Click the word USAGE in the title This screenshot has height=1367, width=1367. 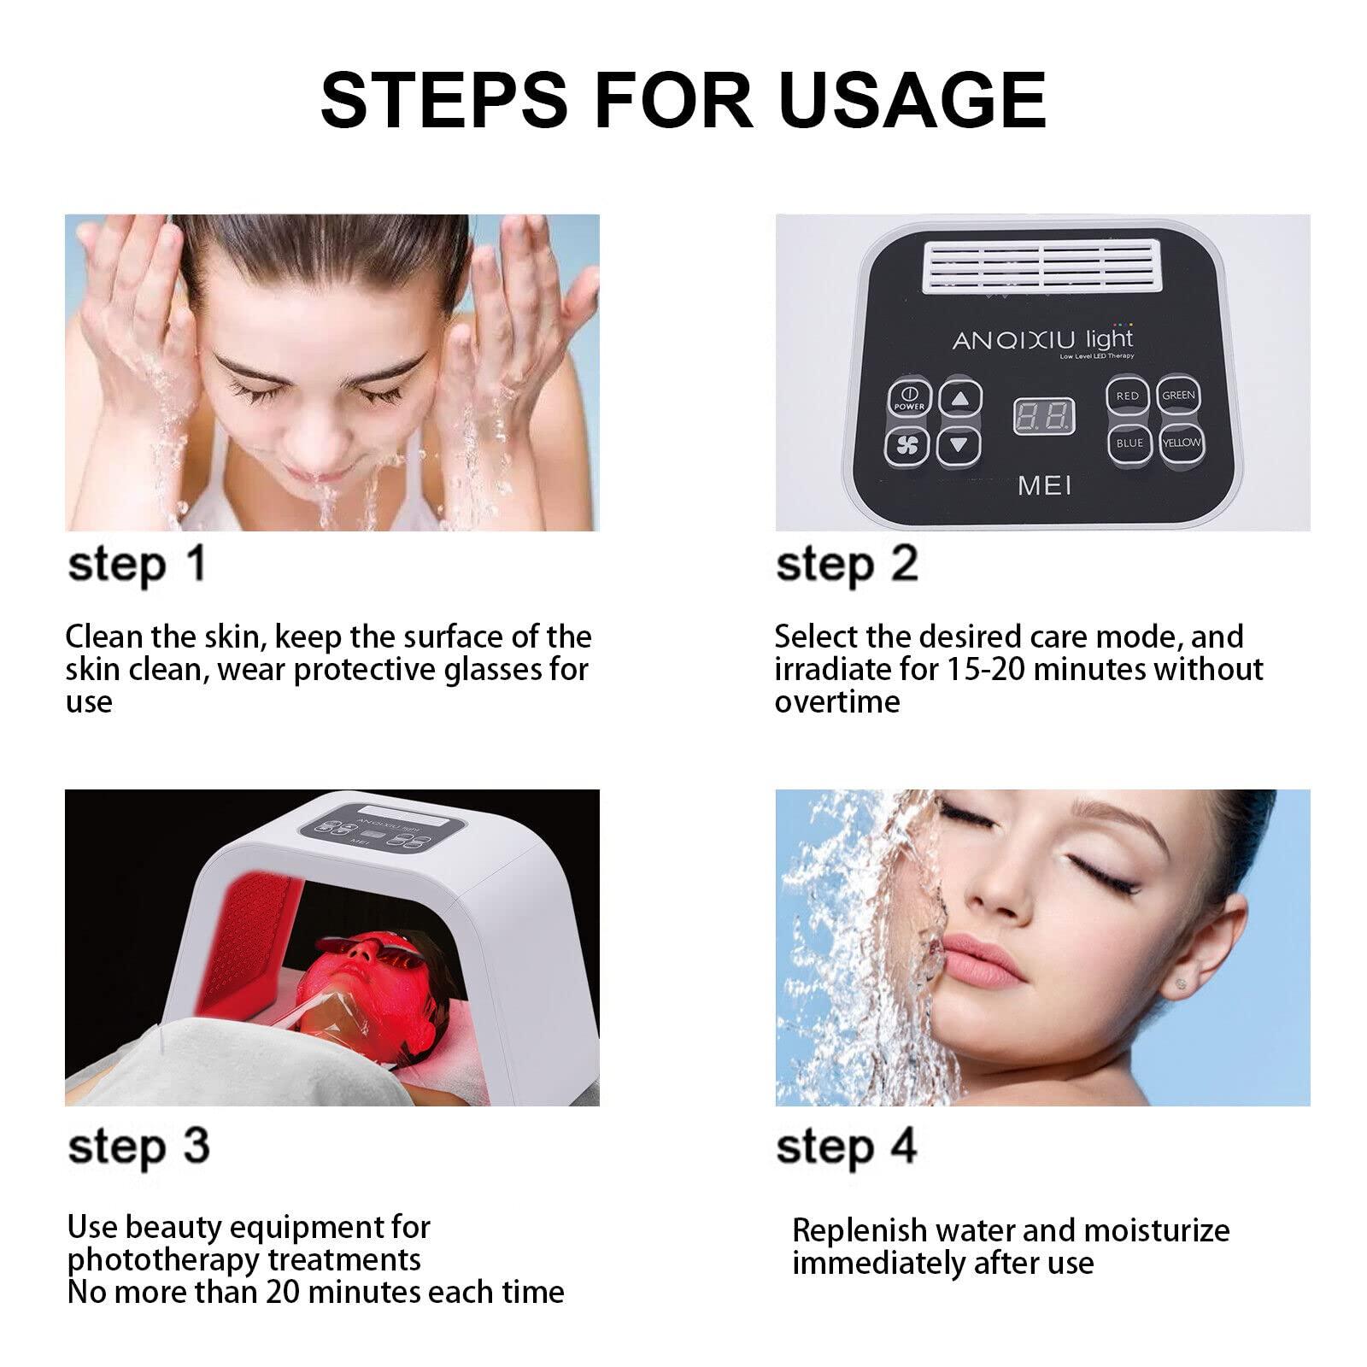(x=912, y=100)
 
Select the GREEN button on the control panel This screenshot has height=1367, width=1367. (x=1178, y=396)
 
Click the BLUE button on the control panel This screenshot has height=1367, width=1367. (x=1129, y=443)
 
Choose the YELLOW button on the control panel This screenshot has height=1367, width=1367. (x=1180, y=443)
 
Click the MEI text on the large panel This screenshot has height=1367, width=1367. (x=1044, y=486)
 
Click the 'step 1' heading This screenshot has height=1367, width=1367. (x=137, y=566)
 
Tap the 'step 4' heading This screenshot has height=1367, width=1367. (x=846, y=1146)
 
